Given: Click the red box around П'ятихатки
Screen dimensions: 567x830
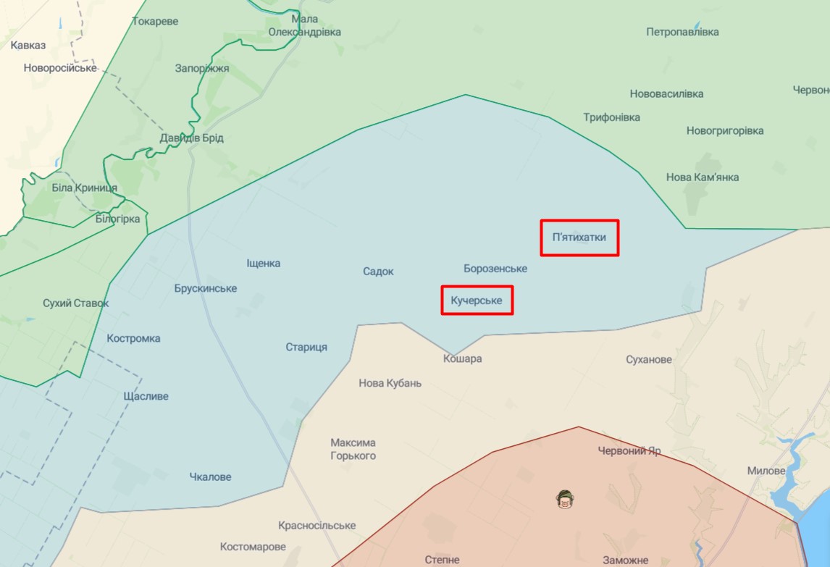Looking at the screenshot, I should click(579, 238).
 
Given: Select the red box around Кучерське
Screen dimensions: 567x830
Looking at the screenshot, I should click(477, 300).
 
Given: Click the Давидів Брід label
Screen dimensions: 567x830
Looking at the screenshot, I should click(192, 138).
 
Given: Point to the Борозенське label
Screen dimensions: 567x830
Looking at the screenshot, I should click(495, 269).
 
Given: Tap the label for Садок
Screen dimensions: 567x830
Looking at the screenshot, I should click(378, 272).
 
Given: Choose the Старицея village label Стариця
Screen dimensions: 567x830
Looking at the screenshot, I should click(306, 347).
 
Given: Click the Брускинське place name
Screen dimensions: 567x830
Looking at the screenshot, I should click(206, 288).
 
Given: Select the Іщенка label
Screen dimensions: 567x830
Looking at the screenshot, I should click(264, 264).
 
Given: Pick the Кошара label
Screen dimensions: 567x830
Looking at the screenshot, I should click(463, 358).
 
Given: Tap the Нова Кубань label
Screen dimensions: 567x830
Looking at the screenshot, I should click(390, 383).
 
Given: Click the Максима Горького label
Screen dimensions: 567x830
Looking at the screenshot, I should click(353, 449).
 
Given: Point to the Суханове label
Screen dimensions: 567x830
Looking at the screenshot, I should click(649, 359).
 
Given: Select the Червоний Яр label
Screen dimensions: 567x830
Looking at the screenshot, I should click(629, 450).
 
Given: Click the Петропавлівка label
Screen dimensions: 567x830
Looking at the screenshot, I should click(682, 32).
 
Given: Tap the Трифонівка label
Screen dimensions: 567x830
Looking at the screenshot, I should click(612, 117).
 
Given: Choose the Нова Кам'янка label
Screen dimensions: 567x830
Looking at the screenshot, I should click(703, 177).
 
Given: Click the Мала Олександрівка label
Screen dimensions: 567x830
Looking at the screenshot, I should click(305, 25).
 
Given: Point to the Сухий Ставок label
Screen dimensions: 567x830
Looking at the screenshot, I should click(76, 303).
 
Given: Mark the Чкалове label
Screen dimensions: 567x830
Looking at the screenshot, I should click(210, 476).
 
